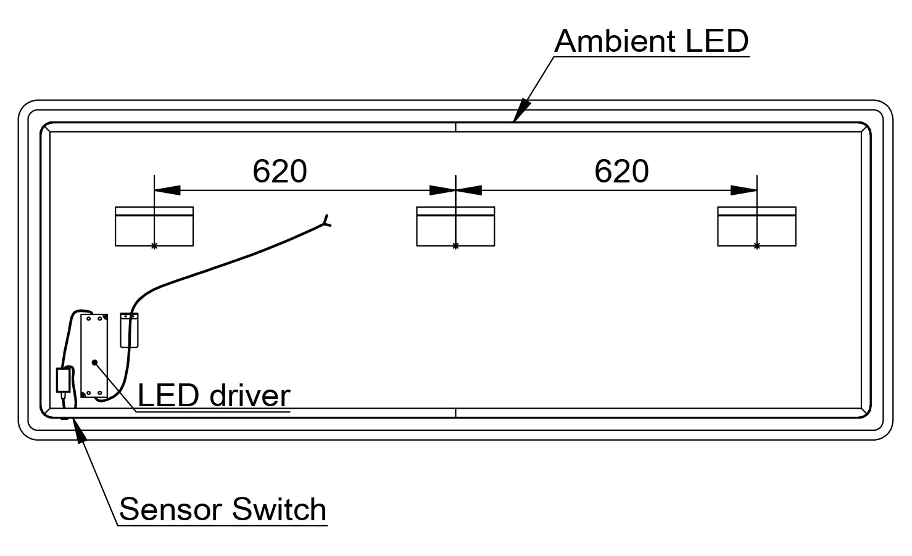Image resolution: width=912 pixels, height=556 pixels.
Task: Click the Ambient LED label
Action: pos(651,41)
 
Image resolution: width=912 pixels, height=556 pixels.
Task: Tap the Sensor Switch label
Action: pos(223,510)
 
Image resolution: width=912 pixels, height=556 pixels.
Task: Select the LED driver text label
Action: pos(213,396)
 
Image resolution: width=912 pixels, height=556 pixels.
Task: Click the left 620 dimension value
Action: pos(280,171)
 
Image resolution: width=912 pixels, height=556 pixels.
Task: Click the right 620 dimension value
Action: pos(621,171)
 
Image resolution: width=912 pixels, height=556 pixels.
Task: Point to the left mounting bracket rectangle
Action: pos(154,227)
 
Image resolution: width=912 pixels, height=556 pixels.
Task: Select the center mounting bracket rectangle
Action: pos(455,227)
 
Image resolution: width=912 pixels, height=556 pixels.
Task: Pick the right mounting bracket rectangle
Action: pos(757,227)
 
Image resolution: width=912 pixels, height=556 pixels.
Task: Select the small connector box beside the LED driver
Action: pos(129,330)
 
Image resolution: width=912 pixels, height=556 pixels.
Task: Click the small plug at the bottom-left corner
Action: pos(63,380)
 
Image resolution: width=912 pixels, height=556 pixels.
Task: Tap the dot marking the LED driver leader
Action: pos(94,362)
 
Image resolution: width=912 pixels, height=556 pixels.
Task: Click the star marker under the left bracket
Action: pos(154,246)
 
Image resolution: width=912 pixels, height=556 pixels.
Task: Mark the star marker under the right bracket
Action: pos(757,246)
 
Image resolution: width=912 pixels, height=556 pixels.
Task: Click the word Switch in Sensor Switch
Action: pos(280,510)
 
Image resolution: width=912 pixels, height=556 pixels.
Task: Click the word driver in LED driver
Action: pos(249,396)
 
